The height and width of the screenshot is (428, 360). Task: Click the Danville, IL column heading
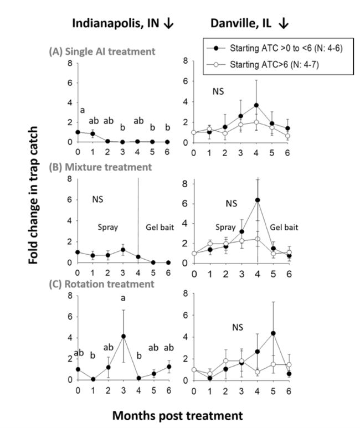click(x=244, y=24)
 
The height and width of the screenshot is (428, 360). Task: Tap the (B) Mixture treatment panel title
click(x=100, y=167)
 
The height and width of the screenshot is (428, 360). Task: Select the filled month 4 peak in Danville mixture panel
click(x=258, y=200)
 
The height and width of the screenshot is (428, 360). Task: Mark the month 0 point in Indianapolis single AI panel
click(x=78, y=132)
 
